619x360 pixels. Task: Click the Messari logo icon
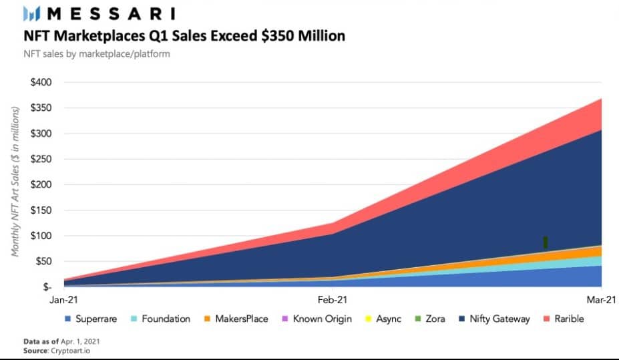pos(33,13)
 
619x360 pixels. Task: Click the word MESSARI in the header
pos(111,13)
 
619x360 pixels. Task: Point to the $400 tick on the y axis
pos(43,82)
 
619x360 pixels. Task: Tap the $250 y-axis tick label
pos(43,159)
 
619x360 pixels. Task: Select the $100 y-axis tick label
pos(43,236)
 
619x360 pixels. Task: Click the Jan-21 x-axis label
pos(63,301)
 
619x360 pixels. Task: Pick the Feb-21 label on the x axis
pos(332,301)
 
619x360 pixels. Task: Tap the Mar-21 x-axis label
pos(601,301)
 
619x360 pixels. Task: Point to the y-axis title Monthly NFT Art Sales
pos(14,180)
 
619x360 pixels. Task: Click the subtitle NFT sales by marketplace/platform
pos(97,53)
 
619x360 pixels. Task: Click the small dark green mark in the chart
pos(546,242)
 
